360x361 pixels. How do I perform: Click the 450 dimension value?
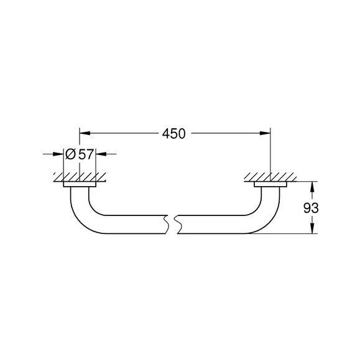[x=173, y=134]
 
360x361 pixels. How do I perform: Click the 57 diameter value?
[x=86, y=154]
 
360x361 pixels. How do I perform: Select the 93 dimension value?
[x=311, y=208]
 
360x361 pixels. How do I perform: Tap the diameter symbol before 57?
[x=70, y=154]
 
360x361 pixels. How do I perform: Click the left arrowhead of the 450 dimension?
[x=85, y=133]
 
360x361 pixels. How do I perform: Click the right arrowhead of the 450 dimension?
[x=265, y=133]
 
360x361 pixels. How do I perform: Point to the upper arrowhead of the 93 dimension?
[x=312, y=187]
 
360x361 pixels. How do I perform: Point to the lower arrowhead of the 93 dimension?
[x=312, y=228]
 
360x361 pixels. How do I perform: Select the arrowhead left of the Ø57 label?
[x=58, y=154]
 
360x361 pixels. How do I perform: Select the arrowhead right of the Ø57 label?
[x=101, y=154]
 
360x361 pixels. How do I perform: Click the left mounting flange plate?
[x=80, y=184]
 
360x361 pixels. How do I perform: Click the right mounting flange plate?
[x=270, y=184]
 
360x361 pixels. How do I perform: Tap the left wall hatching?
[x=80, y=177]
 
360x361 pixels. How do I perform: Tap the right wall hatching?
[x=270, y=177]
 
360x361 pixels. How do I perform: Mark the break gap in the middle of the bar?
[x=172, y=225]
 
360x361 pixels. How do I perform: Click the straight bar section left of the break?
[x=136, y=225]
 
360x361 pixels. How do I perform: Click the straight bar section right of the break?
[x=211, y=225]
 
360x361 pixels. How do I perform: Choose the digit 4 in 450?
[x=166, y=134]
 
